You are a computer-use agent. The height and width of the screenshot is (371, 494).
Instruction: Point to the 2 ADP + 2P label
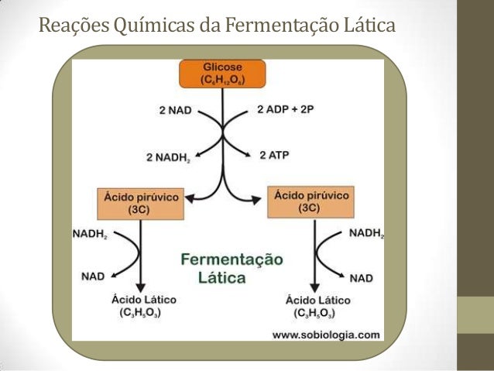pos(285,109)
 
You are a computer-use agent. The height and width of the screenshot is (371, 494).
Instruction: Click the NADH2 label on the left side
pos(91,232)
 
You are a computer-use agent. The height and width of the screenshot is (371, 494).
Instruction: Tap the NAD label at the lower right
pos(361,277)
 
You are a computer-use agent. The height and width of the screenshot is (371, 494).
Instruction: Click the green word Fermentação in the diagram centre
pos(232,258)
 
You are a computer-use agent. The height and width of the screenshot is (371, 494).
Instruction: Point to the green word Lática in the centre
pos(221,277)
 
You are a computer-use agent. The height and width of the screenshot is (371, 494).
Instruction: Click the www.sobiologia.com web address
pos(326,335)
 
